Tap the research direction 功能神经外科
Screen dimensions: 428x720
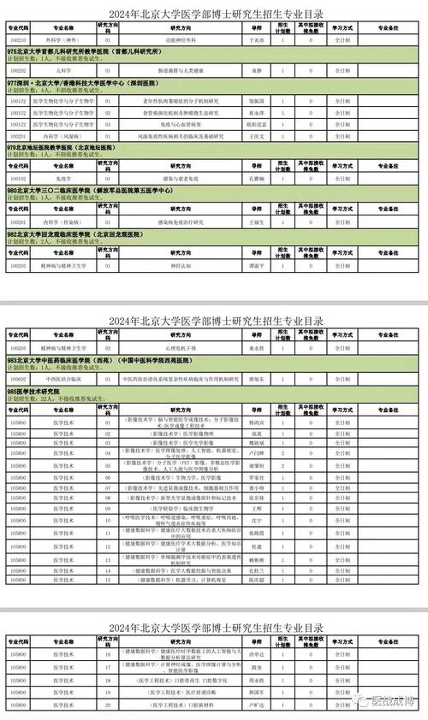coord(182,39)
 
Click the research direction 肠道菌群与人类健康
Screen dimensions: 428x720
coord(182,69)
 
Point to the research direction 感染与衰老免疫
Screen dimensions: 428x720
coord(182,178)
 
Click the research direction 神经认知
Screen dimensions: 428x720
coord(182,264)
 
